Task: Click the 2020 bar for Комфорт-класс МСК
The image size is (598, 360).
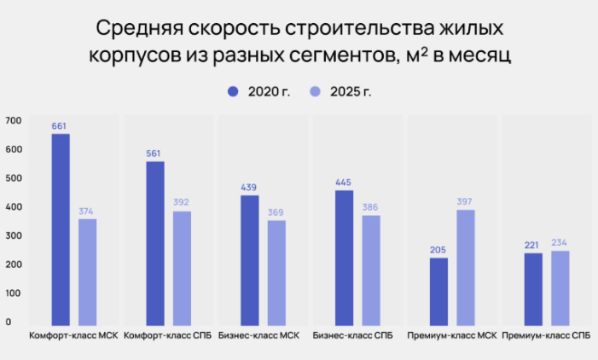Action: (61, 229)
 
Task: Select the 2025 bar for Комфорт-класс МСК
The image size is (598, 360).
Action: (88, 271)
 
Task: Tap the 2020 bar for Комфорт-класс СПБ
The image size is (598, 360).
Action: (155, 242)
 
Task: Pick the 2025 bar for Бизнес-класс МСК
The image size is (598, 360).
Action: (276, 271)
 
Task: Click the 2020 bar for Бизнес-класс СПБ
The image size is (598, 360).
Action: (344, 257)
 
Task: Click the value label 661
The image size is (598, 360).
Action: (60, 126)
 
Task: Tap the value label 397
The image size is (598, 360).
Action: (465, 201)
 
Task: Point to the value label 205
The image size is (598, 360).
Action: (438, 250)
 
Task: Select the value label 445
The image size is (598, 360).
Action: (344, 182)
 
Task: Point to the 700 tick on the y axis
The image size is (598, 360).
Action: (12, 120)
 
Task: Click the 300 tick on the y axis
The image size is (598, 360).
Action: (12, 235)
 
